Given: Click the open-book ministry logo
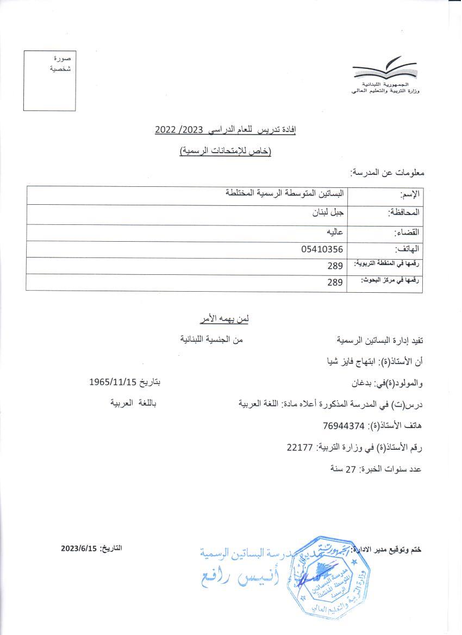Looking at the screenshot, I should [x=385, y=70].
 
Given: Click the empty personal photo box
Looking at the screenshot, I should [x=49, y=80].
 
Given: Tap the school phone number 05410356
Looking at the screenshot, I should [x=322, y=249].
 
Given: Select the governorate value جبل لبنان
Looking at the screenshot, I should [x=324, y=213].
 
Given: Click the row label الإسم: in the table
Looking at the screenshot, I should [x=411, y=194].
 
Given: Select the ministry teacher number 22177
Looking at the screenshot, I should [x=299, y=447].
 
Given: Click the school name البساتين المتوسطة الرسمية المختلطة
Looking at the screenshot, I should [x=286, y=193].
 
